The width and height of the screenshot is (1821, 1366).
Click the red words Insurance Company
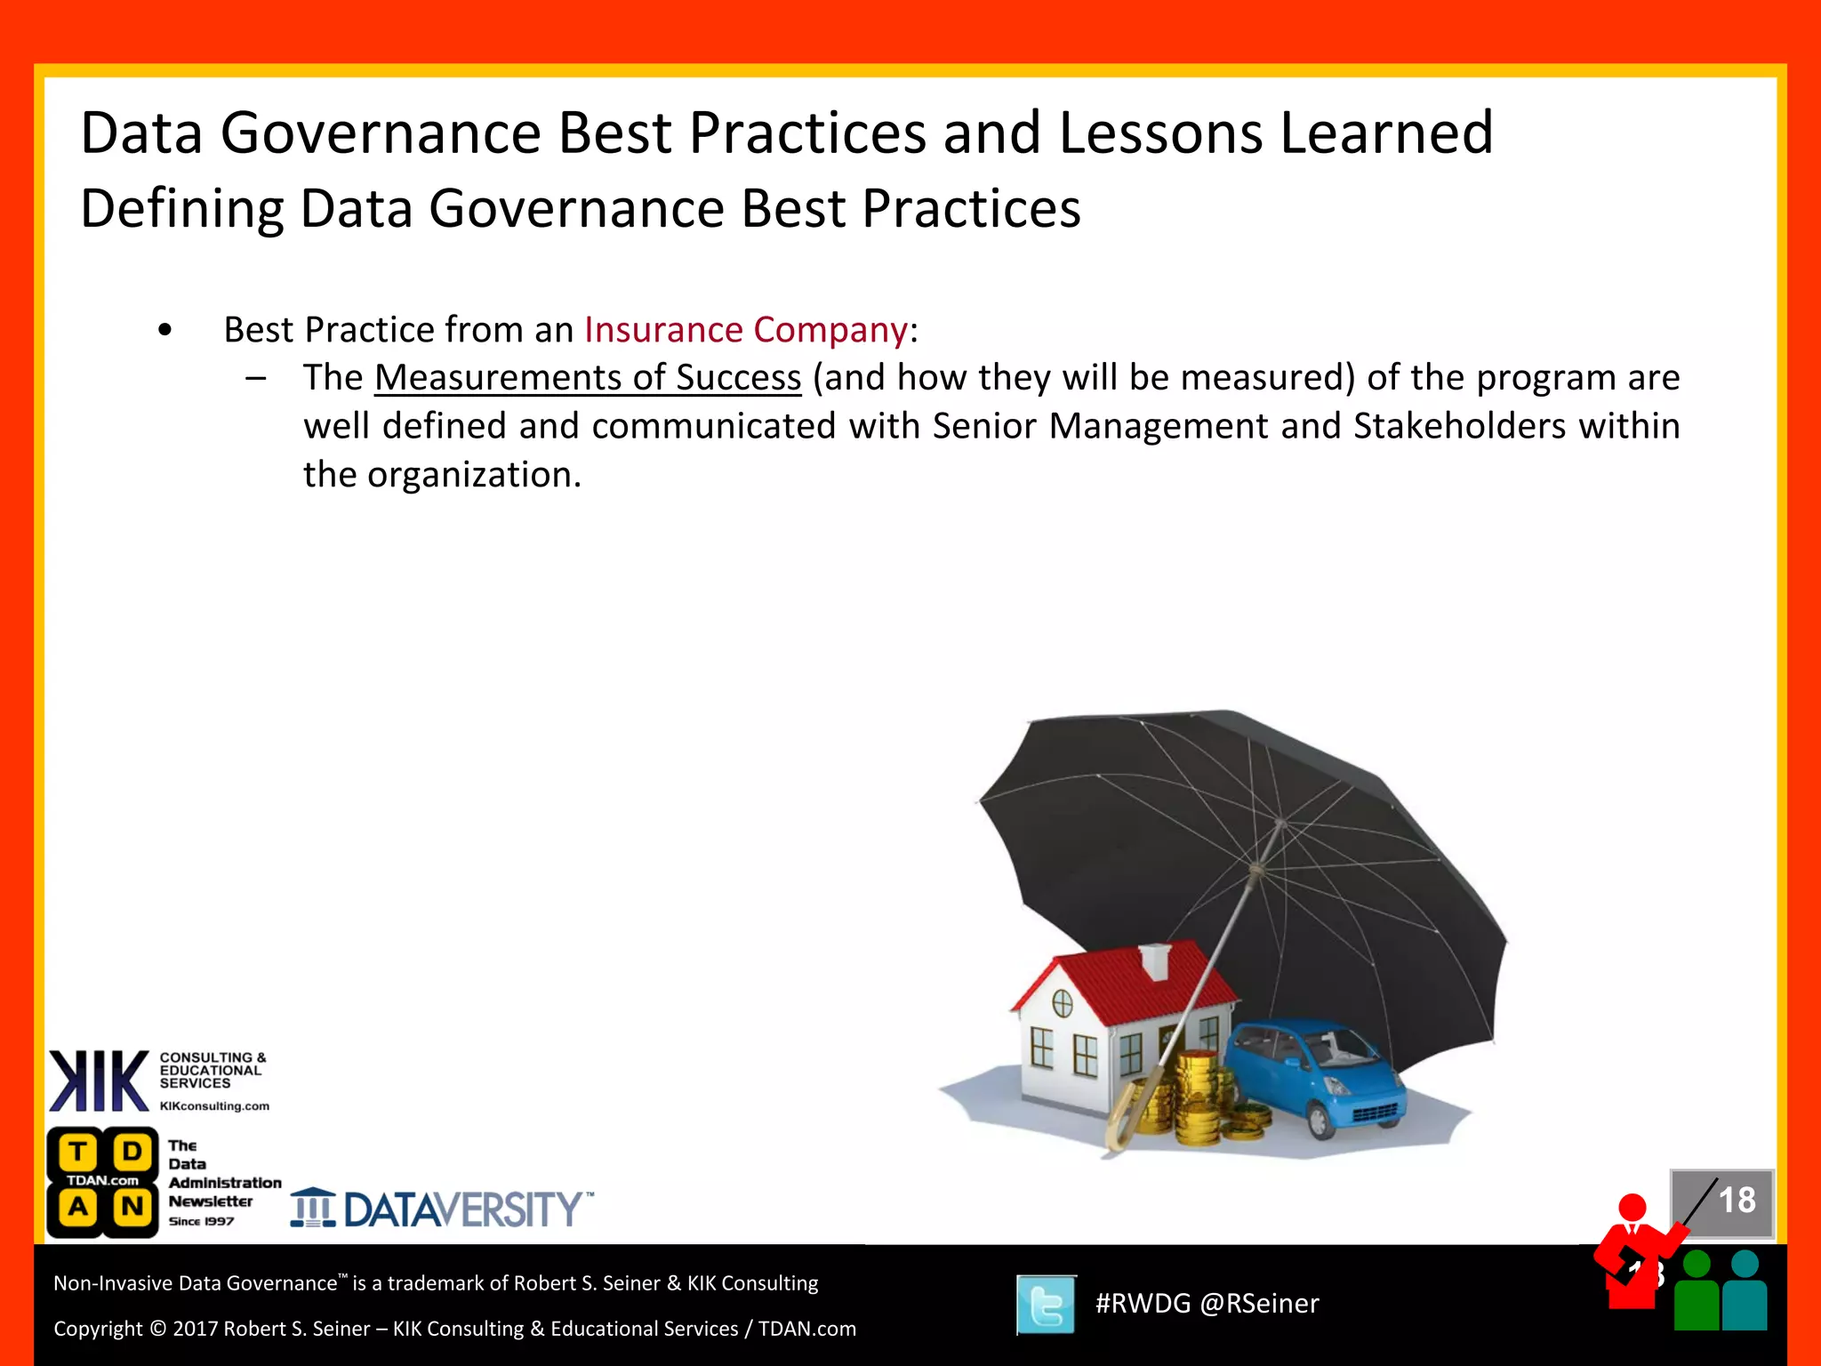pos(745,330)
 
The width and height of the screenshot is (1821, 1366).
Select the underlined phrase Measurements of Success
pos(587,378)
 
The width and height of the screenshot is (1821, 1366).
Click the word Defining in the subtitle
pos(181,209)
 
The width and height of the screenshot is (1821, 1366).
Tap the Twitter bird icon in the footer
pos(1046,1305)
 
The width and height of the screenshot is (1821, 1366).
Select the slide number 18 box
pos(1723,1202)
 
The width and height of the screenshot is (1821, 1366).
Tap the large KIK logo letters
pos(99,1081)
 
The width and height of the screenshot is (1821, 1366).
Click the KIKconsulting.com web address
pos(214,1106)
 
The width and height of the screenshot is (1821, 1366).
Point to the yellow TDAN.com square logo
pos(103,1181)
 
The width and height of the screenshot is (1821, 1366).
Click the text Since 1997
pos(201,1222)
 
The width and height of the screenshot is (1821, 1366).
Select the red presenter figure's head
pos(1632,1208)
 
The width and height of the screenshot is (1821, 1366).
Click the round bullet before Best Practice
pos(164,331)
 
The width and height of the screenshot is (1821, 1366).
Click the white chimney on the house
pos(1154,960)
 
